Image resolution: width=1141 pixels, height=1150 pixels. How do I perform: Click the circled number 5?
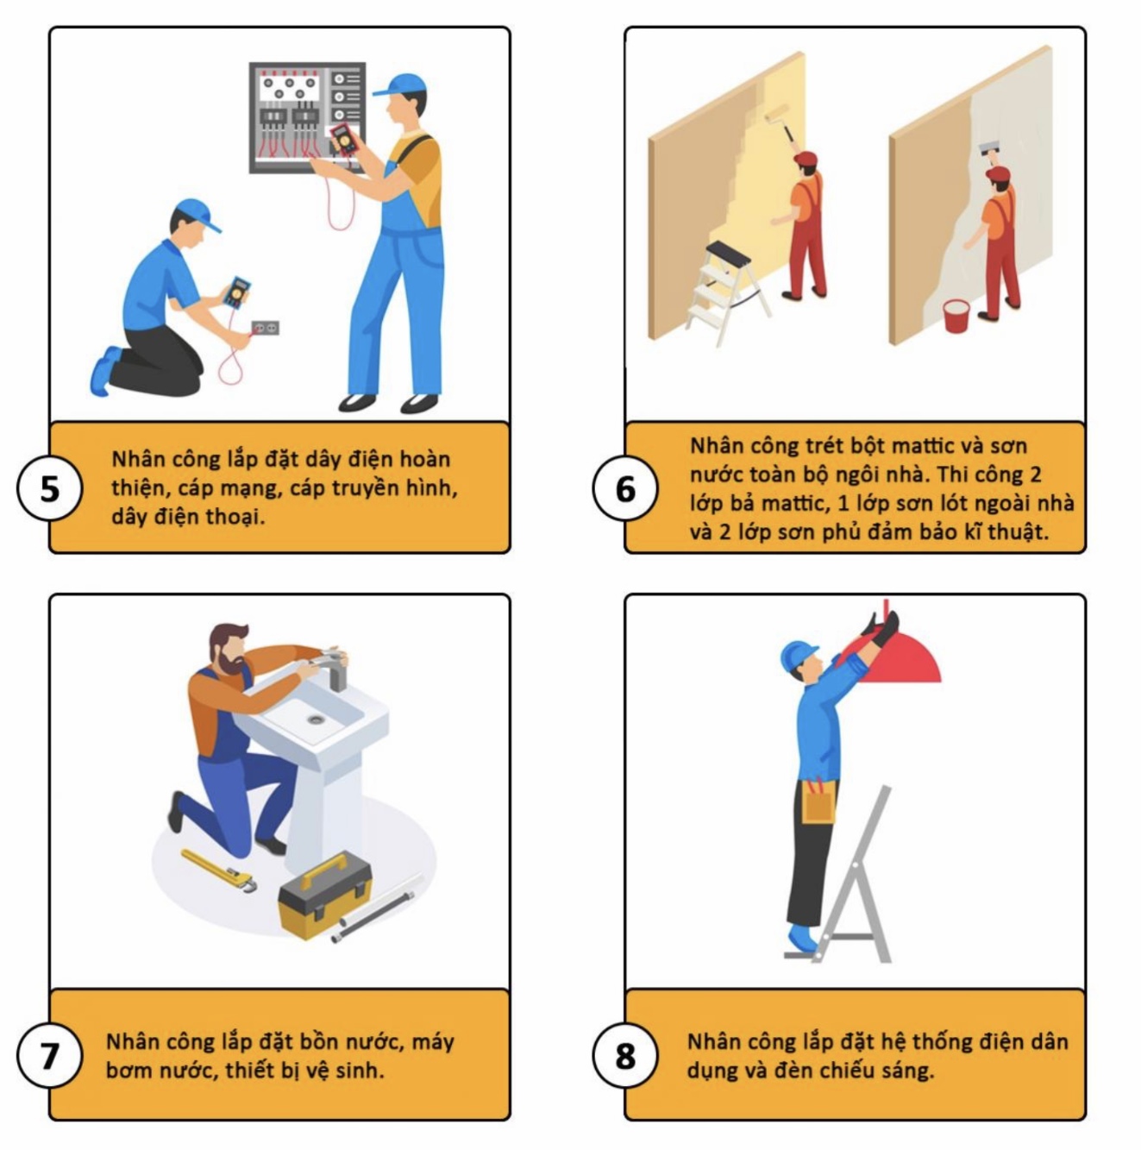tap(50, 489)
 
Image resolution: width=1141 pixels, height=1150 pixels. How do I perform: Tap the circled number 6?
tap(624, 489)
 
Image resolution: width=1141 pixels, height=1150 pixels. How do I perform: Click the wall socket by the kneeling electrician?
tap(265, 328)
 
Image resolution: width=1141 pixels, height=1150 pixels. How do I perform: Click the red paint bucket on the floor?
tap(956, 316)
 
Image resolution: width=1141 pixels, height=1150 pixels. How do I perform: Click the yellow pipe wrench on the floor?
tap(219, 870)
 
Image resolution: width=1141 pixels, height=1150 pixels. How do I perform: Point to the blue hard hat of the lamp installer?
tap(798, 656)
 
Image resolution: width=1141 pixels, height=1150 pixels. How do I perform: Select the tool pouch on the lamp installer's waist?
tap(818, 801)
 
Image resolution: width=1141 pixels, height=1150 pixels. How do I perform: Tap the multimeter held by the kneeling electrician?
tap(236, 292)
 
